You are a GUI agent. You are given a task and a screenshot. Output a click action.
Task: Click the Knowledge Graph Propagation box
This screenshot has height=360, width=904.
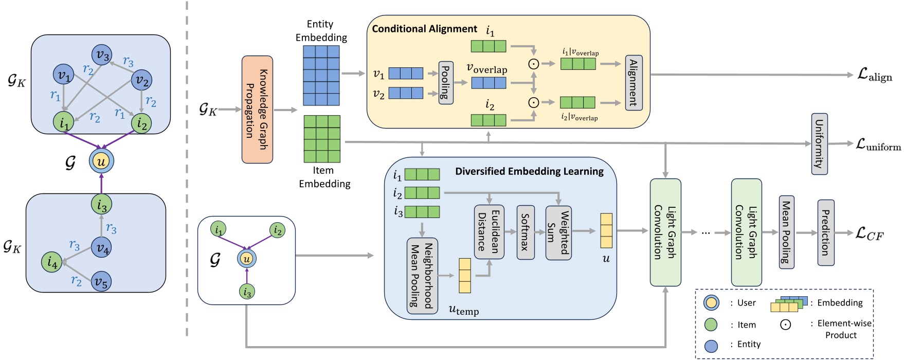(x=257, y=110)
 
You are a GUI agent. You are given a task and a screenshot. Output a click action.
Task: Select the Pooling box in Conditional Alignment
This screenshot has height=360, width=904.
(x=446, y=83)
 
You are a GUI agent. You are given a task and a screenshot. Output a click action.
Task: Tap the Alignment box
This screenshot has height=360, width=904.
(x=634, y=83)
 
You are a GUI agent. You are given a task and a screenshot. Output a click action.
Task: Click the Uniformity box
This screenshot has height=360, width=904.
(x=819, y=144)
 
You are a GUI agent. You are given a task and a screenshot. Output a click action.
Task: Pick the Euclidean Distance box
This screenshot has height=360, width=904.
(x=489, y=232)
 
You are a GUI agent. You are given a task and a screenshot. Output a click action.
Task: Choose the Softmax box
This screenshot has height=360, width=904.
(x=526, y=232)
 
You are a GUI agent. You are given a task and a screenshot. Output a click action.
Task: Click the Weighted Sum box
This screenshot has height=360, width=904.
(x=558, y=232)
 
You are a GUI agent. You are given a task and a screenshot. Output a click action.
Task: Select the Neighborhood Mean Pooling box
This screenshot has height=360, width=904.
(x=422, y=276)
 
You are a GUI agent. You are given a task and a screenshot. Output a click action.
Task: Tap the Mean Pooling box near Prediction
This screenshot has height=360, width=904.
(x=786, y=232)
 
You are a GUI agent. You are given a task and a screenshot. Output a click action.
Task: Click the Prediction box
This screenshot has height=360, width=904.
(x=825, y=232)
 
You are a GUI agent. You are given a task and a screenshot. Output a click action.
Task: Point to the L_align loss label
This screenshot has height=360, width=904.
(x=875, y=75)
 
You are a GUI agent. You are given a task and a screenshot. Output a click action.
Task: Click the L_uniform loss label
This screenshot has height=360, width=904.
(x=878, y=145)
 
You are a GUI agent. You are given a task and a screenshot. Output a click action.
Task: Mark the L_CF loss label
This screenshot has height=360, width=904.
(x=869, y=234)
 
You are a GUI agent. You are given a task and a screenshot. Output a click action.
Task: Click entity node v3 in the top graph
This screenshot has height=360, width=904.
(x=102, y=55)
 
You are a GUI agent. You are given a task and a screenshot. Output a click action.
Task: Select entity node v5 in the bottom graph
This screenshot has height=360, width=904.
(x=101, y=281)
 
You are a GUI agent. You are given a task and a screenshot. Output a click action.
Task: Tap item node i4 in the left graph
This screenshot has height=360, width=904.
(x=52, y=262)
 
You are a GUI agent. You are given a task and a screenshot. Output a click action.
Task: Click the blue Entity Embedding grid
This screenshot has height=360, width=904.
(x=321, y=76)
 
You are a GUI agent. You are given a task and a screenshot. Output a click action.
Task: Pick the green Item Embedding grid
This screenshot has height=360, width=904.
(x=322, y=139)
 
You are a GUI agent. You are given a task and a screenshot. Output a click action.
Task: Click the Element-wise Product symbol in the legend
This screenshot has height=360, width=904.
(x=785, y=325)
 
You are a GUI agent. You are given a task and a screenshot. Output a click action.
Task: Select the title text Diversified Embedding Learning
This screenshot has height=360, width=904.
(x=529, y=171)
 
